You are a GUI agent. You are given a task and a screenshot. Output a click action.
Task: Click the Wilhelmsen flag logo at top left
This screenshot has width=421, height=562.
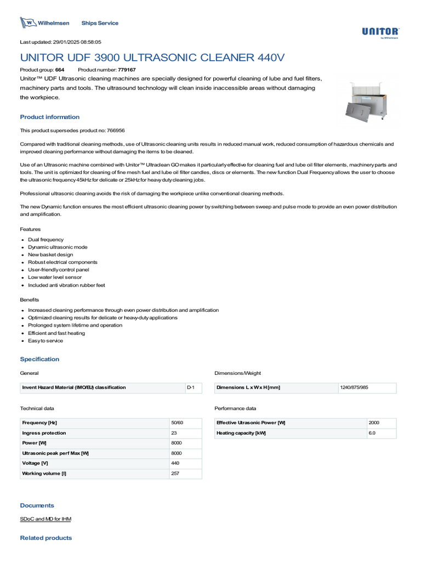[x=27, y=23]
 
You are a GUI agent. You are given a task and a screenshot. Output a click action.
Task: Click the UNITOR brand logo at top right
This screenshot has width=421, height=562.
[x=380, y=32]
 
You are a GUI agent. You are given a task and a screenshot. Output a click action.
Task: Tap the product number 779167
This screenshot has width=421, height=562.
[x=127, y=70]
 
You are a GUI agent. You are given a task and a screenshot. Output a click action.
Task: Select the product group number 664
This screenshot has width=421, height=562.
[x=60, y=70]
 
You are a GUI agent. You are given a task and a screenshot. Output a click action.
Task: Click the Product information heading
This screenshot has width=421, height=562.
[x=50, y=117]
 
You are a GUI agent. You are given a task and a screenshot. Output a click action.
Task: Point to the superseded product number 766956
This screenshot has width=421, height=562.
[x=115, y=131]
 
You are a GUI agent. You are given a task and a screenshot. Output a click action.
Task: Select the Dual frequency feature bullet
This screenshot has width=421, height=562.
[x=46, y=240]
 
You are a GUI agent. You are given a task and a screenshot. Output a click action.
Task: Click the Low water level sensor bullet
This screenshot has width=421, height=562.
[x=55, y=278]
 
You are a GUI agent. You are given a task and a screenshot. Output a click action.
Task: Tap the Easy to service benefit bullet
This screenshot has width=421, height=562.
[x=45, y=341]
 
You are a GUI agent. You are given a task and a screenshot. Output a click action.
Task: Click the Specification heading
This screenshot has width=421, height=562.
[x=39, y=359]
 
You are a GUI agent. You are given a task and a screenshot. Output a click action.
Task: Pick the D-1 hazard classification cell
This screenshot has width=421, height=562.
[x=191, y=387]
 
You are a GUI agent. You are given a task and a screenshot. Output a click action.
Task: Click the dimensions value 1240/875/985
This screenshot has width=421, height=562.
[x=354, y=387]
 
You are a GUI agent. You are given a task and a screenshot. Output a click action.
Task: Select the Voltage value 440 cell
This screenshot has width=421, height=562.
[x=175, y=463]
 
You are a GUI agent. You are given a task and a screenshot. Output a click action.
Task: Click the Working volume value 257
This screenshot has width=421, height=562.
[x=175, y=473]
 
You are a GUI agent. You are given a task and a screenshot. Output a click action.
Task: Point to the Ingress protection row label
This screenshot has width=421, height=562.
[x=44, y=433]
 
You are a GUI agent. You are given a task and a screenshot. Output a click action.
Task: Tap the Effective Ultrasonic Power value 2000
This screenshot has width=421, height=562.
[x=374, y=423]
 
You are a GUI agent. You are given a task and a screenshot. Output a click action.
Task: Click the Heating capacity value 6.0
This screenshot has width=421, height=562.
[x=372, y=433]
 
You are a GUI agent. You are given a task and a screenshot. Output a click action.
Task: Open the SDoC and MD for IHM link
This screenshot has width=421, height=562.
[x=45, y=519]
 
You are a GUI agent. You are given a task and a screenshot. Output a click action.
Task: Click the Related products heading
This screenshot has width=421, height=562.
[x=46, y=538]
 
